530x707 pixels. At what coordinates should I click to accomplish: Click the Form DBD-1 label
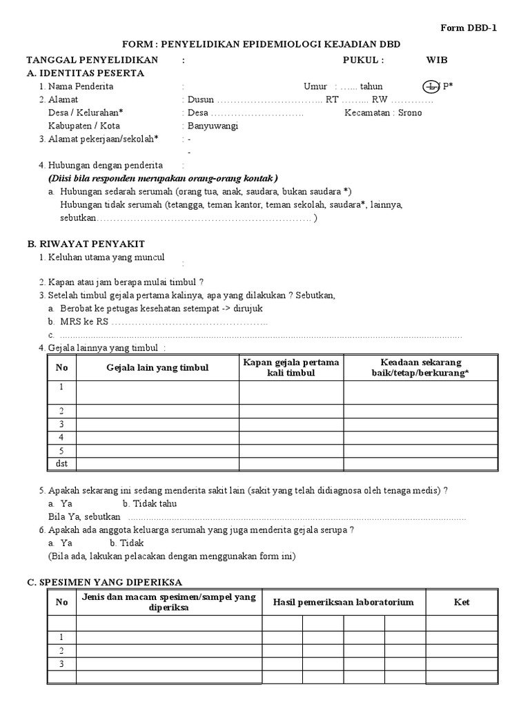[x=469, y=28]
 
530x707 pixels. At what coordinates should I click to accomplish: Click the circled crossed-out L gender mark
[x=430, y=86]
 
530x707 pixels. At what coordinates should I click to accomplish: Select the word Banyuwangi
[x=213, y=126]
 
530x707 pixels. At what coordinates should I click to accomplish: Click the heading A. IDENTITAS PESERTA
[x=86, y=73]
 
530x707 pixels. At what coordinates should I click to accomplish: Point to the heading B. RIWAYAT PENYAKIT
[x=86, y=244]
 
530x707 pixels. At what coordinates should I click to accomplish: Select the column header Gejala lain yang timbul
[x=157, y=368]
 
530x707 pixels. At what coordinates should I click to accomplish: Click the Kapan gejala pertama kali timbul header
[x=291, y=367]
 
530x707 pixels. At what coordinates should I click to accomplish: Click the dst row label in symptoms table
[x=61, y=464]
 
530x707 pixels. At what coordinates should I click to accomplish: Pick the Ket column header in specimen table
[x=462, y=602]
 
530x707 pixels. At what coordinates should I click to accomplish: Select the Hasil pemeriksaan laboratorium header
[x=343, y=602]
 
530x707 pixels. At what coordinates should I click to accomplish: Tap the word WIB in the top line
[x=437, y=60]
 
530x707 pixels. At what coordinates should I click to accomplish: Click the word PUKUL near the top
[x=362, y=60]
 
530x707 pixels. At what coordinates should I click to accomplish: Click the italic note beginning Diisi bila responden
[x=159, y=178]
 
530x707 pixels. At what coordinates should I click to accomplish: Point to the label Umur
[x=315, y=86]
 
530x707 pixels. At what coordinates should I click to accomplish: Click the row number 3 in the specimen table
[x=61, y=664]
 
